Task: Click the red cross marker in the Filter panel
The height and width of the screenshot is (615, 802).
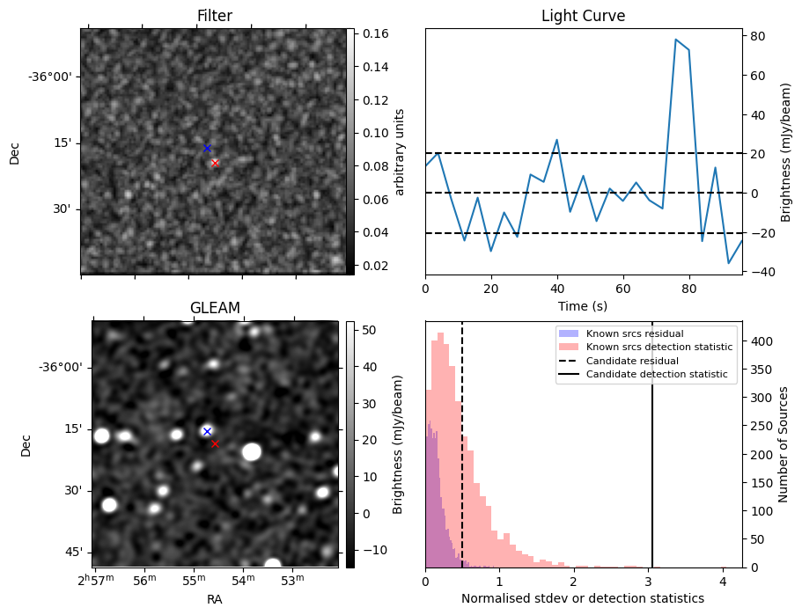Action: tap(215, 163)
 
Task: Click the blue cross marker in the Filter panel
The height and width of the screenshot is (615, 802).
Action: tap(207, 149)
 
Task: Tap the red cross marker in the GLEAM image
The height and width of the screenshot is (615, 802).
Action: tap(215, 443)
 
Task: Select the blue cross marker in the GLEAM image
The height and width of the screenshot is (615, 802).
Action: tap(207, 431)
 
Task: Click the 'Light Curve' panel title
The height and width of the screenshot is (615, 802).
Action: tap(583, 16)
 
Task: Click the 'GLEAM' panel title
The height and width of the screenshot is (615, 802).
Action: tap(215, 308)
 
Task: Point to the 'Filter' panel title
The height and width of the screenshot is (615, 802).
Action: tap(215, 16)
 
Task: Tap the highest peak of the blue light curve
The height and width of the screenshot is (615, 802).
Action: tap(676, 40)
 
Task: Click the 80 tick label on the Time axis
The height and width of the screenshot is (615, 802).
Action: tap(689, 289)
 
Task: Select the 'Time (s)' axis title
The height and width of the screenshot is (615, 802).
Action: tap(583, 306)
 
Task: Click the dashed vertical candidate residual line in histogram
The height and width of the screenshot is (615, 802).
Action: tap(462, 444)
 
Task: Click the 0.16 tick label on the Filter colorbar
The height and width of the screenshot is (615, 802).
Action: tap(376, 33)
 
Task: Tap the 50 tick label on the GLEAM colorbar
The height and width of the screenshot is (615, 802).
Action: tap(369, 330)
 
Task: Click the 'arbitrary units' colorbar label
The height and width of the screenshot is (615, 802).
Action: tap(400, 152)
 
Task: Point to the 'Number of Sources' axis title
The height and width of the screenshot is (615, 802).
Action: tap(783, 444)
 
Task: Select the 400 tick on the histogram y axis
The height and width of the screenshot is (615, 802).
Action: tap(757, 341)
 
